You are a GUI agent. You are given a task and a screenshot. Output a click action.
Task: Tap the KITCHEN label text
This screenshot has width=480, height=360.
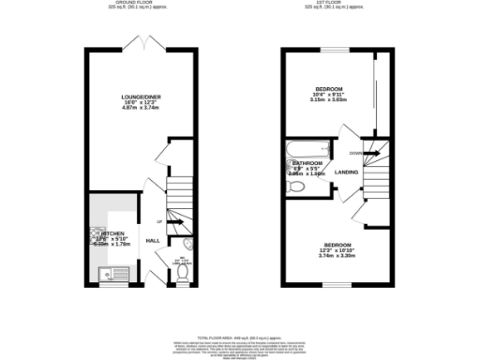pos(113,233)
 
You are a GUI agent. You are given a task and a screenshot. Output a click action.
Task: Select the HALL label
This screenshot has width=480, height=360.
pos(153,240)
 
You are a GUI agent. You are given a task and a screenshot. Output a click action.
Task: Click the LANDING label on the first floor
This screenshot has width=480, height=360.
pos(346,172)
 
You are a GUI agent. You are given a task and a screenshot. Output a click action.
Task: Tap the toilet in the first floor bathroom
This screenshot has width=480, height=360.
pos(297,187)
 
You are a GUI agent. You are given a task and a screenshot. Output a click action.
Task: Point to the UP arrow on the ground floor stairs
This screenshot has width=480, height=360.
pos(160,220)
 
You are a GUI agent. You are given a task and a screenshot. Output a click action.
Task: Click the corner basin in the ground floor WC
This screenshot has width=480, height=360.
pos(188,247)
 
